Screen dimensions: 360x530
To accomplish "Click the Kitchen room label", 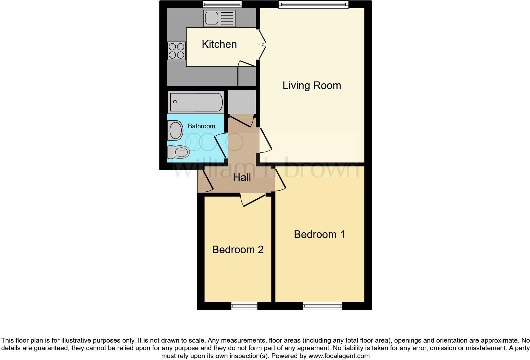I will [219, 44].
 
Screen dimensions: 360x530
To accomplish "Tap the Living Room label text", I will [312, 86].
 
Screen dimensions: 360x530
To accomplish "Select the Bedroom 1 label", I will [319, 235].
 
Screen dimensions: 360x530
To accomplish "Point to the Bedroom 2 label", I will [238, 250].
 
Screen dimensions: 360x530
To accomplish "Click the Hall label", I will [242, 177].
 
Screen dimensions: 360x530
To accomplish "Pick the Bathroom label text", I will [201, 126].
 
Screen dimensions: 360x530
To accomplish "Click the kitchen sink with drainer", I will [219, 18].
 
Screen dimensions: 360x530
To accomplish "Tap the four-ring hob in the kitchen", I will [177, 51].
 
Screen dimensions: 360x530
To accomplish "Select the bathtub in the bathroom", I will [196, 102].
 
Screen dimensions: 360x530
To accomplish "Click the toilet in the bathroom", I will [178, 152].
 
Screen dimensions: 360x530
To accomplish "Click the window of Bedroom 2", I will [244, 306].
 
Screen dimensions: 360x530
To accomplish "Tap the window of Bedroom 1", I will [322, 306].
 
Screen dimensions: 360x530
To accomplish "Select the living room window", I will [313, 4].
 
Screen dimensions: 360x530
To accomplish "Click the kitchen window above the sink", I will [222, 4].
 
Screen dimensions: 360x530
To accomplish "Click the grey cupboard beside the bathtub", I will [242, 102].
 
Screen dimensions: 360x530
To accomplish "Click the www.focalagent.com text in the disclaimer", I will [339, 356].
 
